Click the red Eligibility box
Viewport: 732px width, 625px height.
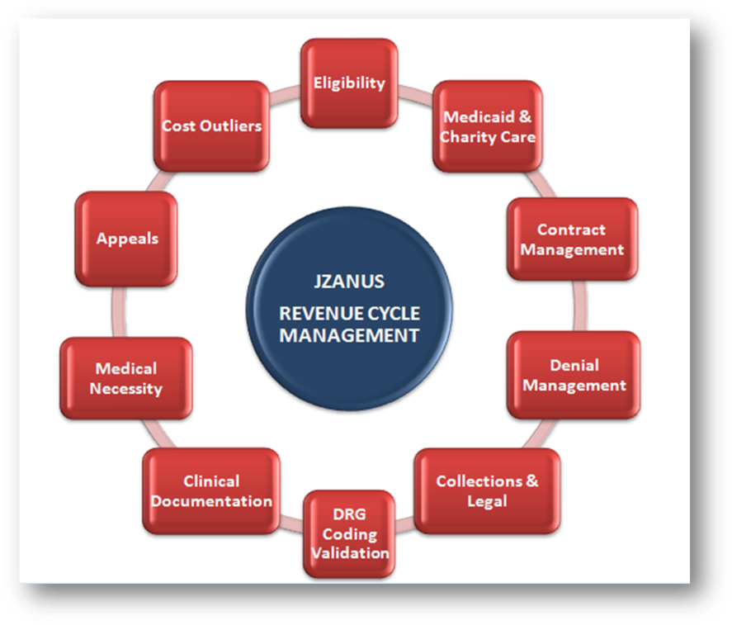coord(349,83)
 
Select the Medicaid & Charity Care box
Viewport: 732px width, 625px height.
coord(487,126)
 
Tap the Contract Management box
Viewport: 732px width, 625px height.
coord(571,239)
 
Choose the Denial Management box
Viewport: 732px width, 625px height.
coord(574,375)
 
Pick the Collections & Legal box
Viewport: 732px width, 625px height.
coord(487,490)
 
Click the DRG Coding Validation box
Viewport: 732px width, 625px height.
coord(349,533)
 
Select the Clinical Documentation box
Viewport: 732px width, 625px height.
coord(211,490)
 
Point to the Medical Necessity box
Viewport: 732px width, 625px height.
coord(125,378)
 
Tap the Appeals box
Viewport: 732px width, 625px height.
coord(126,239)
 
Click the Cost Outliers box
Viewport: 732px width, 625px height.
coord(211,125)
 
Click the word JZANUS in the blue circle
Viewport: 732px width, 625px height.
coord(349,282)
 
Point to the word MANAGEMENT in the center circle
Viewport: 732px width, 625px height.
coord(349,335)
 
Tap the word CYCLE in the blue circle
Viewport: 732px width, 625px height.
coord(391,315)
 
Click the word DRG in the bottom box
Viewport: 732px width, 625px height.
coord(349,514)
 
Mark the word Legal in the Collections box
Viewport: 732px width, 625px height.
coord(487,501)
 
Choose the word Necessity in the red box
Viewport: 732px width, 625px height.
coord(125,388)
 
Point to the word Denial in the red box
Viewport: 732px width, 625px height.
coord(574,365)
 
